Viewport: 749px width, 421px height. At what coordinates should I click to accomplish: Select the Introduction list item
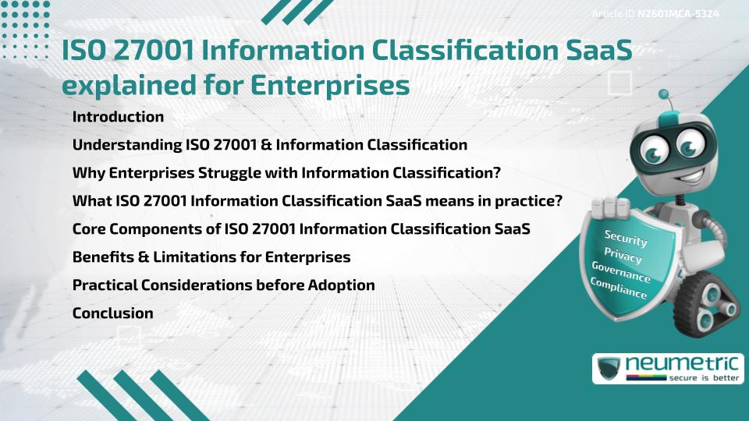(118, 117)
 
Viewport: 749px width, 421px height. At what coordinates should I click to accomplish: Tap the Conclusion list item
(112, 313)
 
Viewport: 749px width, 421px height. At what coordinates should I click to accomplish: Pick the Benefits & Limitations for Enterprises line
(211, 257)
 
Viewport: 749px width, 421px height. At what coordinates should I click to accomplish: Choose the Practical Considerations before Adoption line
(223, 285)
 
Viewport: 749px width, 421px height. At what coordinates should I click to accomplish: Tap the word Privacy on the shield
(623, 255)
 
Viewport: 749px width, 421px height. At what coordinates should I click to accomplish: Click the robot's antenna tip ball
(664, 96)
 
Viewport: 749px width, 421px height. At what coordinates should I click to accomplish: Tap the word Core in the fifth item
(87, 229)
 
